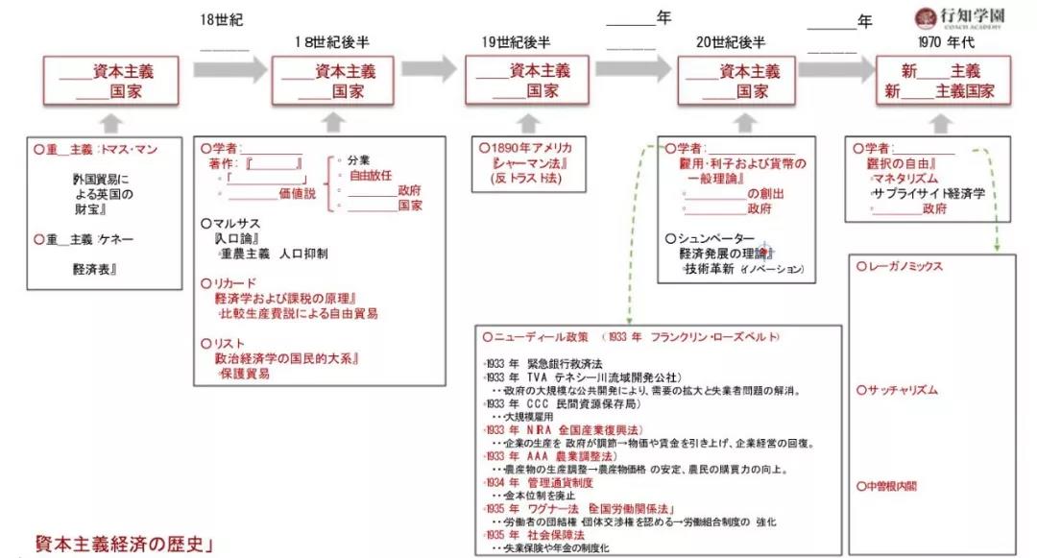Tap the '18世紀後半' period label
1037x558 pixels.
tap(332, 43)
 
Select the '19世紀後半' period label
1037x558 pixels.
tap(517, 43)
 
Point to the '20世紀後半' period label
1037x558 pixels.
tap(732, 43)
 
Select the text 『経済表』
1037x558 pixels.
tap(94, 270)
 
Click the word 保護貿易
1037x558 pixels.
tap(245, 374)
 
